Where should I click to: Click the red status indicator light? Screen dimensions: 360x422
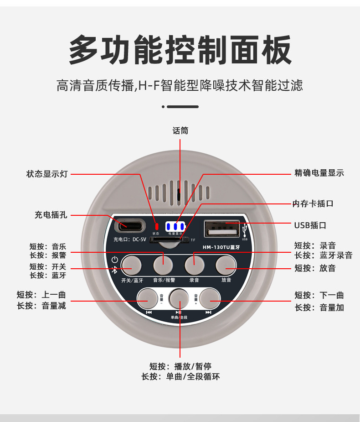(x=156, y=226)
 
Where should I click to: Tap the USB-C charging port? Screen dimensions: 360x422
(x=130, y=225)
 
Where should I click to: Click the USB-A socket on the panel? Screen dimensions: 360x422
(x=222, y=228)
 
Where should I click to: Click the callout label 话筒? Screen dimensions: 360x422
(x=180, y=131)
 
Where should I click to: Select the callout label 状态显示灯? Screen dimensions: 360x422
(x=46, y=174)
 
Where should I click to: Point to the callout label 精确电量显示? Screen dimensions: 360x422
(x=319, y=173)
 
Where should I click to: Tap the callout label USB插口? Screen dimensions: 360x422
(x=310, y=225)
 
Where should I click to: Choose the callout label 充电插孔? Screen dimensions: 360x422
(x=51, y=214)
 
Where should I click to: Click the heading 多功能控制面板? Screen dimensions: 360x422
(x=180, y=50)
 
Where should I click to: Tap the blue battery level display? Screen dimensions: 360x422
(x=175, y=226)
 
